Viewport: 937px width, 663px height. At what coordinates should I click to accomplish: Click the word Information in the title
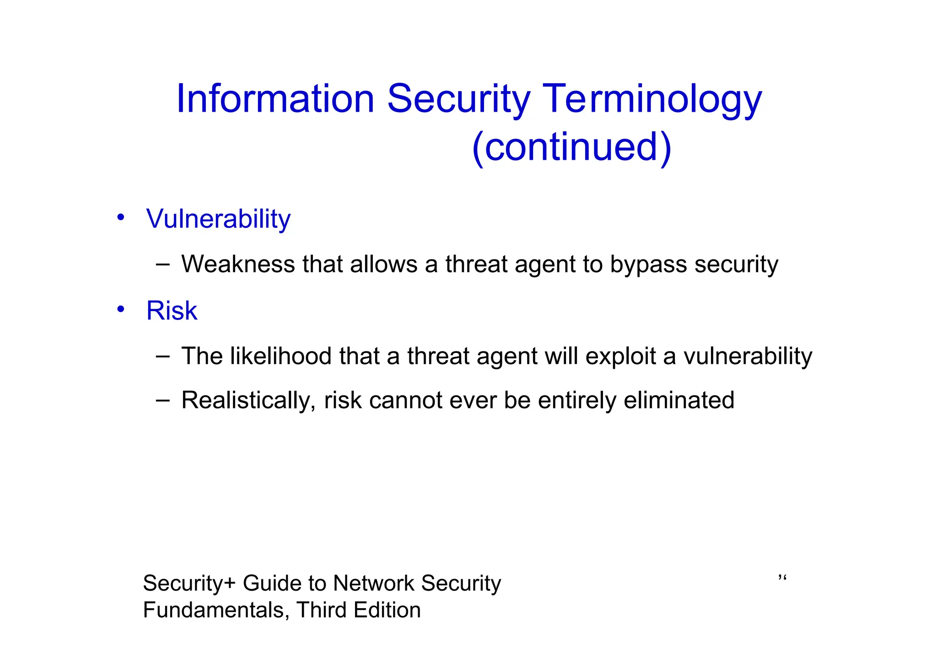point(275,99)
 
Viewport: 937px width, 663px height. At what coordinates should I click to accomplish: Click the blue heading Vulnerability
point(218,219)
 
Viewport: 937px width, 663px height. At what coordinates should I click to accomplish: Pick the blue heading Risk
point(172,311)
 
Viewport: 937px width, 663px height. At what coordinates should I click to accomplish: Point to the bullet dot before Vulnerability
point(120,217)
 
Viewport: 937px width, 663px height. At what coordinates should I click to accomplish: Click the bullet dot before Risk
point(120,309)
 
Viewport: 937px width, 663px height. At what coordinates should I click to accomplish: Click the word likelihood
point(280,356)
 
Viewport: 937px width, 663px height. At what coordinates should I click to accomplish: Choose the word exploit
point(621,356)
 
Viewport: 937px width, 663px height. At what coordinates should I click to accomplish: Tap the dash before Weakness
point(162,264)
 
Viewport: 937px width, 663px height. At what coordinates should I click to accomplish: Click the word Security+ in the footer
point(189,583)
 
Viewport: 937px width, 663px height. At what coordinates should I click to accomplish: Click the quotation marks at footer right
point(782,578)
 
